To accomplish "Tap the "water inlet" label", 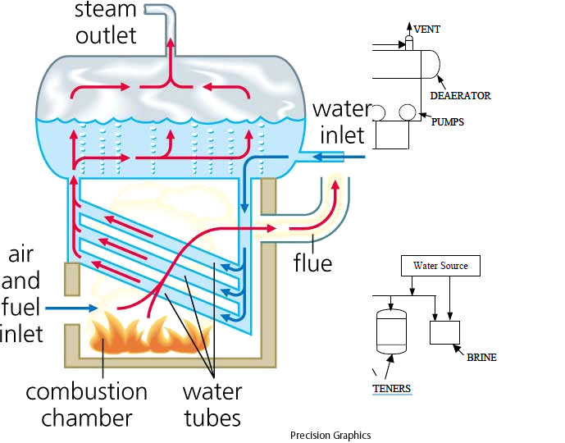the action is click(342, 122).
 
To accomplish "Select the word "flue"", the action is click(312, 263).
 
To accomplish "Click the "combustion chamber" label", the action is click(86, 404).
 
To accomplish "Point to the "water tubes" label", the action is click(212, 404).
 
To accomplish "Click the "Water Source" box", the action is click(440, 266).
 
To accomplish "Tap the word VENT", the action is click(427, 30).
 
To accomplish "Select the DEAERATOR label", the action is click(461, 95).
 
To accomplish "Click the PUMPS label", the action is click(448, 122).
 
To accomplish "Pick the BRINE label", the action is click(481, 357).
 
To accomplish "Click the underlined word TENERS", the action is click(392, 389).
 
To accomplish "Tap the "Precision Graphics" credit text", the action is click(330, 436).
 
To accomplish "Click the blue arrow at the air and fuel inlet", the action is click(71, 308).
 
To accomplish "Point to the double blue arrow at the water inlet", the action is click(339, 157).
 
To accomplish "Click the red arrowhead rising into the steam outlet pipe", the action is click(171, 43).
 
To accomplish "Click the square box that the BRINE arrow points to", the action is click(444, 332).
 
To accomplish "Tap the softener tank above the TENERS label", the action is click(391, 331).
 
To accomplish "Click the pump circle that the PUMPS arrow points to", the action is click(408, 112).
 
